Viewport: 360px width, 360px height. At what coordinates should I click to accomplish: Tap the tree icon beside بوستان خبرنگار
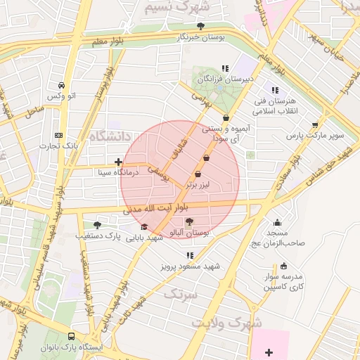pyautogui.click(x=201, y=26)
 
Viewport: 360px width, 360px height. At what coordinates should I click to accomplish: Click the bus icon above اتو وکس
pyautogui.click(x=61, y=84)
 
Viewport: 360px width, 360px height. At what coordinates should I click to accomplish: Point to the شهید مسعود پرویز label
pyautogui.click(x=189, y=266)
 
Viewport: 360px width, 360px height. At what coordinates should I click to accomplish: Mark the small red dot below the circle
pyautogui.click(x=188, y=255)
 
